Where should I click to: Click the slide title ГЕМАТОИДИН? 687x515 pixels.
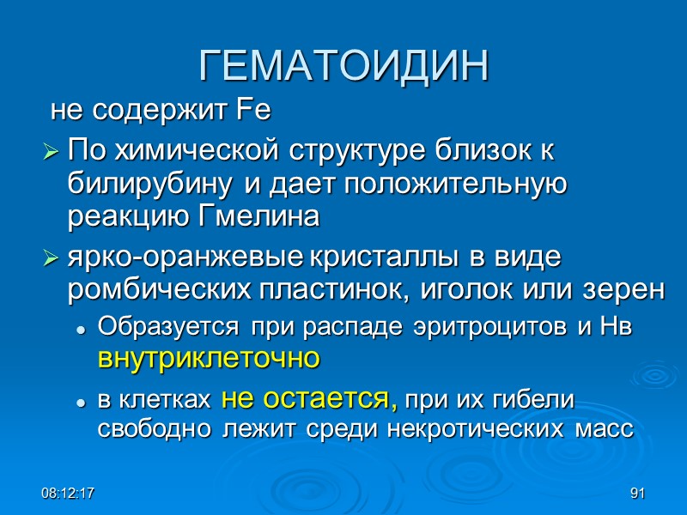pos(343,66)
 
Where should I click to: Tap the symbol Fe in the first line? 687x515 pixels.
pos(258,111)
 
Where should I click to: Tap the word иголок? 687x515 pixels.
pos(464,290)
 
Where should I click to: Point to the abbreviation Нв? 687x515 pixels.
pos(617,327)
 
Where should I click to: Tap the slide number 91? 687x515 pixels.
pos(636,494)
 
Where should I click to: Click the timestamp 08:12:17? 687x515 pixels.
pos(71,494)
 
